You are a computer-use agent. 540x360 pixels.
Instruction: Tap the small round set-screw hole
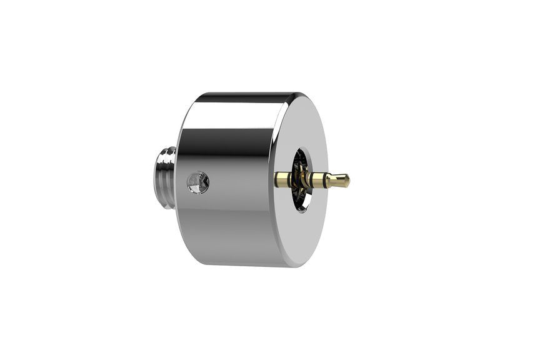coord(197,182)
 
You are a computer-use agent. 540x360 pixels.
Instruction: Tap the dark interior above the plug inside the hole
coord(302,161)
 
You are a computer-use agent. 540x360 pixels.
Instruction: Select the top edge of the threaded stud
coord(167,149)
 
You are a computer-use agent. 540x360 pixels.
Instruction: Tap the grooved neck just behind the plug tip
coord(329,181)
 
